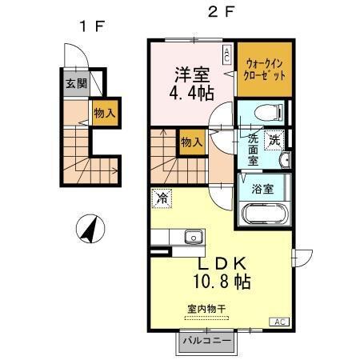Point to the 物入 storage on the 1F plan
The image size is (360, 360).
(104, 113)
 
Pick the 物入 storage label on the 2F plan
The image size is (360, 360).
(190, 142)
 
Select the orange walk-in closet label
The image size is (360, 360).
(264, 66)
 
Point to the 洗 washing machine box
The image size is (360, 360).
(274, 139)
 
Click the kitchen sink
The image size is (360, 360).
(192, 236)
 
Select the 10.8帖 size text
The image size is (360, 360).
(222, 282)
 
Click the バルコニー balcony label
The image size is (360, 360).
(207, 341)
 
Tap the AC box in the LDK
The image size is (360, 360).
(280, 322)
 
